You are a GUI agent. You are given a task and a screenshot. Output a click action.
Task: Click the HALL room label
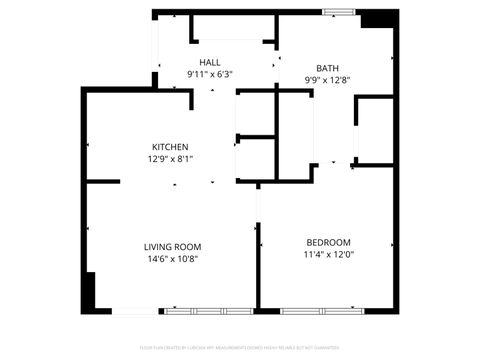209,62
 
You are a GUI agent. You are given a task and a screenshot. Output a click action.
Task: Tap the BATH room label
329,67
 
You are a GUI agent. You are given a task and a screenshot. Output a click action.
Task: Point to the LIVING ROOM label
172,246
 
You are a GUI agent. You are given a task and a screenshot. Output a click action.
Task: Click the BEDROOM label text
328,242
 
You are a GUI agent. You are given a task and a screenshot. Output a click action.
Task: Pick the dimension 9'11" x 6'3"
209,74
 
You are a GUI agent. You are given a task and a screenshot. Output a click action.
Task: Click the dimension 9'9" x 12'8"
329,79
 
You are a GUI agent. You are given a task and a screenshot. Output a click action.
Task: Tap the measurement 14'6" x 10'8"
172,258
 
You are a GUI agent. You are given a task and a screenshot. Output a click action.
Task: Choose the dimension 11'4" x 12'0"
328,254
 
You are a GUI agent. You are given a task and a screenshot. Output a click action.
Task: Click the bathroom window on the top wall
337,12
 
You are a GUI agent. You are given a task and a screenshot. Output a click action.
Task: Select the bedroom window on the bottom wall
318,309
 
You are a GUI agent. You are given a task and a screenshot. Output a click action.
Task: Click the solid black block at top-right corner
379,18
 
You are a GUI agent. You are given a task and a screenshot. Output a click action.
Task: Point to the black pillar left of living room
89,292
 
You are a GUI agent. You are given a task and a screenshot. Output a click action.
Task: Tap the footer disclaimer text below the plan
240,347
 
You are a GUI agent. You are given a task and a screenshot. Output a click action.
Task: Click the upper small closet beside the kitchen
254,113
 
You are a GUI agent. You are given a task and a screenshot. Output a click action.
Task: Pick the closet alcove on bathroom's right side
374,130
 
